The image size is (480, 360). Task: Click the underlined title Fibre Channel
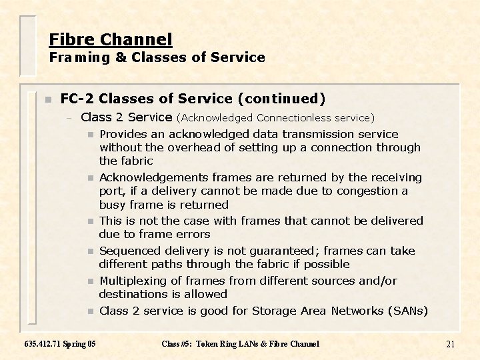111,39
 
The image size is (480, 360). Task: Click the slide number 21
450,344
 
